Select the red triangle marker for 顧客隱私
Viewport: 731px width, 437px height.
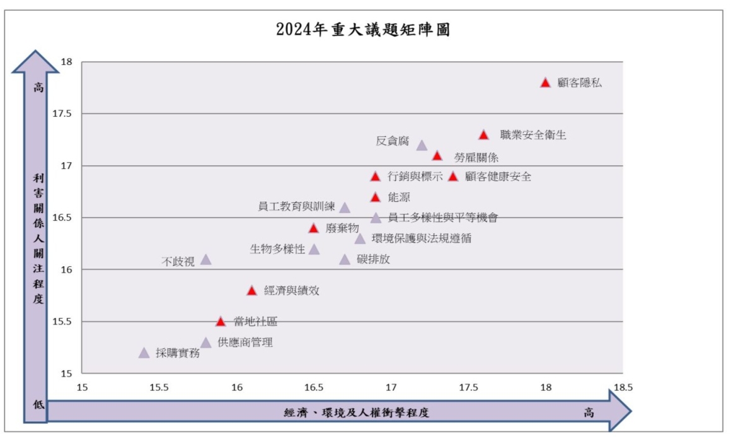click(x=545, y=83)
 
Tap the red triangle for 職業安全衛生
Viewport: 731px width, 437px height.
click(x=483, y=135)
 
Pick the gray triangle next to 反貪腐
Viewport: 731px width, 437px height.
click(x=422, y=146)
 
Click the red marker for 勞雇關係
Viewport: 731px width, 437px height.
click(x=437, y=156)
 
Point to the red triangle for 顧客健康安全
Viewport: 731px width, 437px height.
click(x=452, y=177)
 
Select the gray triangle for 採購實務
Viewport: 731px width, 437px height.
click(x=144, y=353)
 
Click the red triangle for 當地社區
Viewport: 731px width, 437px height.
click(x=221, y=322)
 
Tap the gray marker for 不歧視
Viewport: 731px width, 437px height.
click(x=205, y=260)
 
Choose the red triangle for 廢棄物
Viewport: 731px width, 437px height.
click(x=313, y=228)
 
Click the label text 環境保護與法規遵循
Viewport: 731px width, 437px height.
click(x=421, y=238)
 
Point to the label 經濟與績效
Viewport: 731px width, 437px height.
click(x=292, y=291)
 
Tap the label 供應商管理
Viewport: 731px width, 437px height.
click(x=245, y=342)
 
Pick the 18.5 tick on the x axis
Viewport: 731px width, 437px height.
click(x=623, y=387)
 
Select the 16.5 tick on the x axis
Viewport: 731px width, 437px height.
click(x=314, y=387)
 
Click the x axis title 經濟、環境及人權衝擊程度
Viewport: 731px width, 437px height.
click(x=357, y=413)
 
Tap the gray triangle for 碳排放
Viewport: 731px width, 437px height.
click(x=345, y=260)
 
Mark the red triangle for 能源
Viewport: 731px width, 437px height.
click(x=376, y=197)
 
